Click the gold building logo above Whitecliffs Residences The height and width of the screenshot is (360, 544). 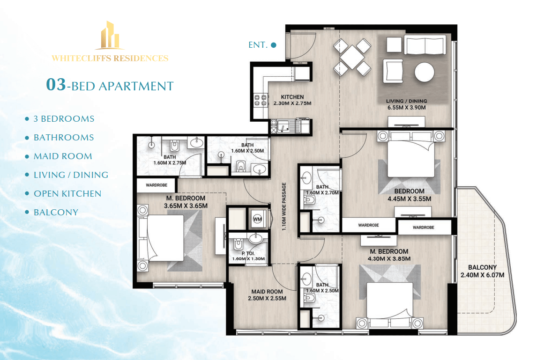[110, 35]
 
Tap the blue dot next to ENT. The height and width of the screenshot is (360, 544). [273, 45]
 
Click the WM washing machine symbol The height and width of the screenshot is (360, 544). [257, 219]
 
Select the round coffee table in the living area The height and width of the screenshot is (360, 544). [425, 72]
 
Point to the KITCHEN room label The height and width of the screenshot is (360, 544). [292, 97]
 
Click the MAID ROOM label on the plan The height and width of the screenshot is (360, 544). [267, 292]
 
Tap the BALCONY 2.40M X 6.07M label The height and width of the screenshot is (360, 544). [482, 271]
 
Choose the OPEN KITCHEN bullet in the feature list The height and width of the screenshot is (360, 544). [67, 194]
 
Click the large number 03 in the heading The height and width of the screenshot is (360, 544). [56, 84]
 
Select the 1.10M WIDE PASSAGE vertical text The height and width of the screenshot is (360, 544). [284, 206]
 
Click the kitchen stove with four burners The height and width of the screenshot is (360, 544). [260, 100]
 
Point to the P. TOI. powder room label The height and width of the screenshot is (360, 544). [248, 253]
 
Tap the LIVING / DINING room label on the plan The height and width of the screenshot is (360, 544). [407, 101]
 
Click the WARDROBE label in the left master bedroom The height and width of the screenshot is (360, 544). [156, 185]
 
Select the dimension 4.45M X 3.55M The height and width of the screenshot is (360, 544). [410, 199]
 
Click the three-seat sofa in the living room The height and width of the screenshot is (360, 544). [425, 44]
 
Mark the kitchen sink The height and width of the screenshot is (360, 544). [284, 127]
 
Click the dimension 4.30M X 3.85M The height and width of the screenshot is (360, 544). [389, 259]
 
